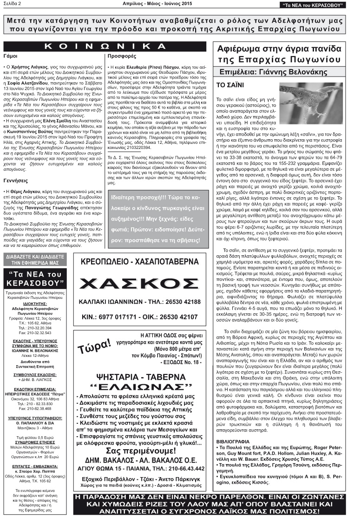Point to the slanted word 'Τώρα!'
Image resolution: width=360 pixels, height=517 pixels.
[95, 346]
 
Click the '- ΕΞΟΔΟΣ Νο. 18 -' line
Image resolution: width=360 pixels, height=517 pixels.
[171, 361]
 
